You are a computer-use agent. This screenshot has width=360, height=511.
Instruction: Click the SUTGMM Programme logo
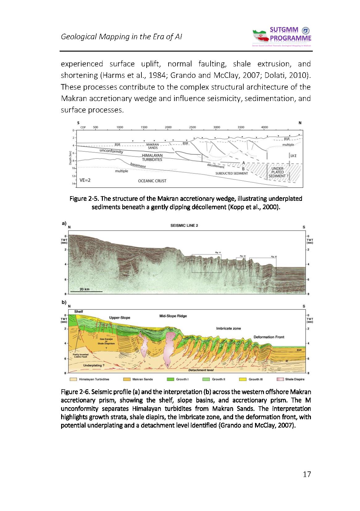pos(282,37)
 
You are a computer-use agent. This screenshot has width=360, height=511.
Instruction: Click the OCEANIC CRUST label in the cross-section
pos(152,181)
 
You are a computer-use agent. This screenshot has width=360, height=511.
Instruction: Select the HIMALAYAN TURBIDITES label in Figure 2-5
pos(152,158)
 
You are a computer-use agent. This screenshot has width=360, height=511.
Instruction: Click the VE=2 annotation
pos(85,180)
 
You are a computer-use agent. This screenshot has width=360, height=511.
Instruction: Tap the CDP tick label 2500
pos(192,127)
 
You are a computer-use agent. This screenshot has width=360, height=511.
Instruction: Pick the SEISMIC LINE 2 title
pos(184,226)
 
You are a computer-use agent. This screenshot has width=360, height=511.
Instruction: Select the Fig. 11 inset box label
pos(218,253)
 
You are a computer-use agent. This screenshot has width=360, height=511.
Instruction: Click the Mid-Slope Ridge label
pos(173,316)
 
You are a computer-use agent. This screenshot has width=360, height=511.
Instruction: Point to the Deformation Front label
pos(269,337)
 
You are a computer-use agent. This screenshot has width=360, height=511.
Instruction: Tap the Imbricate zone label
pos(228,328)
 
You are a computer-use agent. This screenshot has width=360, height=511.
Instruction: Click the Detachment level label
pos(201,370)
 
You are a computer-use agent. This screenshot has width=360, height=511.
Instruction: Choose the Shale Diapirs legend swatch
pos(280,379)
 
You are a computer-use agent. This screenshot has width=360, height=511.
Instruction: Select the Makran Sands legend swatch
pos(127,379)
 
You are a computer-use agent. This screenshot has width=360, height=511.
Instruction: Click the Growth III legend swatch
pos(243,379)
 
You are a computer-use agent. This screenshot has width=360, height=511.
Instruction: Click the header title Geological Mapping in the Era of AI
pos(121,36)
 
